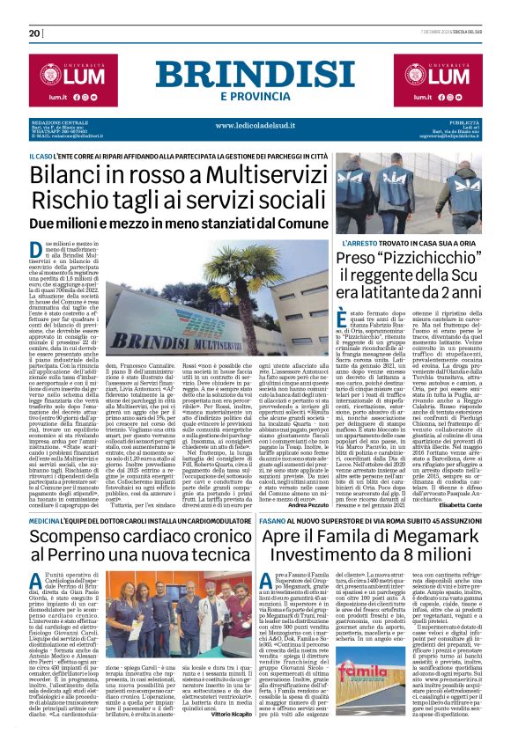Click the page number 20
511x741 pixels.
coord(34,33)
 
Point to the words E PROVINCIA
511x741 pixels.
coord(255,96)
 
